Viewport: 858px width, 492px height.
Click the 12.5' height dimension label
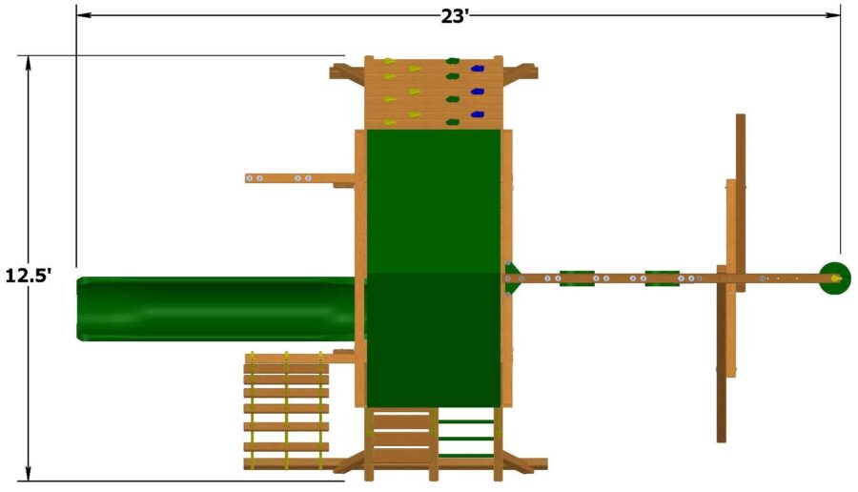pyautogui.click(x=28, y=276)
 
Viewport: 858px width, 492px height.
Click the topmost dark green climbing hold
pyautogui.click(x=453, y=62)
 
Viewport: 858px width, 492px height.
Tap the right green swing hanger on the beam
pyautogui.click(x=662, y=278)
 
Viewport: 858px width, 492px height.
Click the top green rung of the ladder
pyautogui.click(x=466, y=420)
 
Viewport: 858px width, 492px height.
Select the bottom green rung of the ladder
pyautogui.click(x=466, y=455)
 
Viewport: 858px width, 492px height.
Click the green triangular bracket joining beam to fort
pyautogui.click(x=512, y=277)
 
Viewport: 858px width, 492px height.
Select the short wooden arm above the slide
pyautogui.click(x=298, y=177)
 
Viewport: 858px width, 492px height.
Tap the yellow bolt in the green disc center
pyautogui.click(x=836, y=278)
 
